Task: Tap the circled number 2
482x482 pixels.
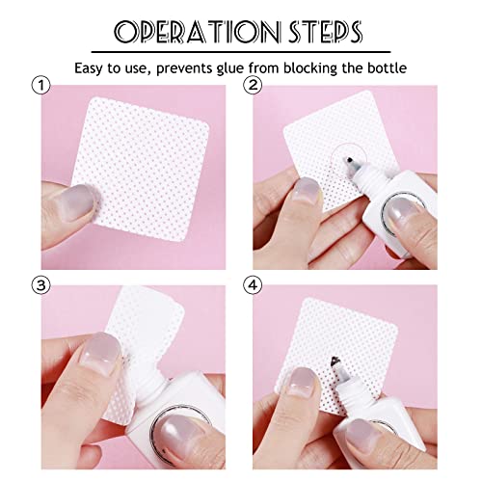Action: click(253, 86)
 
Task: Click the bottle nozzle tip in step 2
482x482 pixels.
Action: click(343, 156)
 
